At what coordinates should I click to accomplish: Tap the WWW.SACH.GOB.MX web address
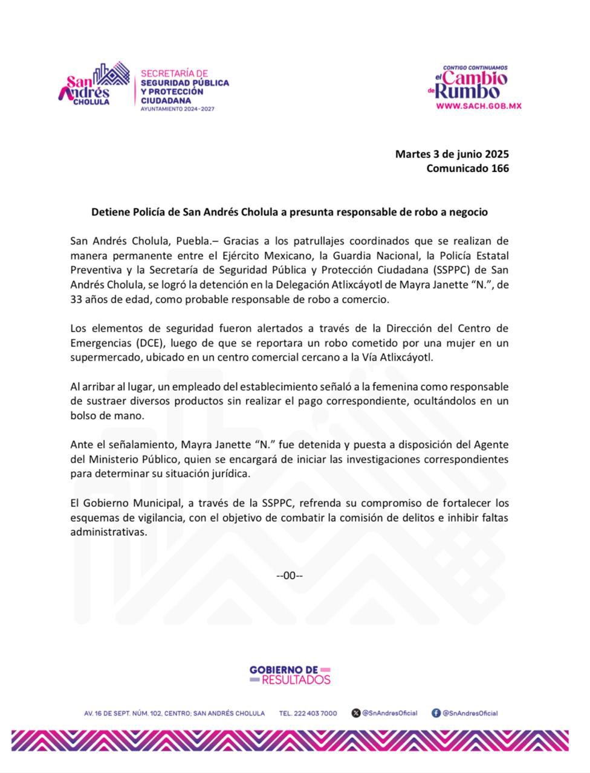(479, 106)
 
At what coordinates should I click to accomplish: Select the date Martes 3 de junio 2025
(452, 154)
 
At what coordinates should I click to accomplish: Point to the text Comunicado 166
(467, 168)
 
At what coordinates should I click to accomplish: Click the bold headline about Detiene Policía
(289, 212)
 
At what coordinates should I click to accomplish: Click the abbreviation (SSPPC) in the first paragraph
(447, 270)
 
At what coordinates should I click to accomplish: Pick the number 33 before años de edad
(76, 299)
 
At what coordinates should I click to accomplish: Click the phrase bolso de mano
(99, 415)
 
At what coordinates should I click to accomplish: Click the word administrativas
(108, 532)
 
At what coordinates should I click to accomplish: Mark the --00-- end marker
(289, 576)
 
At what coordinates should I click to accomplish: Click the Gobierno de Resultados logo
(290, 675)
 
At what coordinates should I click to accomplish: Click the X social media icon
(356, 713)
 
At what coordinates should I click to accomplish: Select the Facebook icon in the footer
(436, 713)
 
